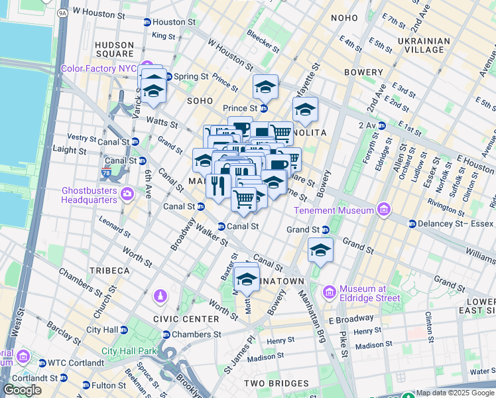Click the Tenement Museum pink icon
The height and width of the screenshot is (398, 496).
pyautogui.click(x=383, y=210)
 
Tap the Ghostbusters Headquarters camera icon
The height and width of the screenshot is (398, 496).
pyautogui.click(x=127, y=194)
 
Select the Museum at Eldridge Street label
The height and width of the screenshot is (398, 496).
pyautogui.click(x=370, y=293)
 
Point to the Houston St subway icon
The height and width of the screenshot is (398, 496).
pyautogui.click(x=147, y=22)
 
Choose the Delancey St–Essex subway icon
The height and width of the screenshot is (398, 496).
pyautogui.click(x=412, y=224)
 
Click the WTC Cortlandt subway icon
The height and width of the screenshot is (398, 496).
pyautogui.click(x=42, y=363)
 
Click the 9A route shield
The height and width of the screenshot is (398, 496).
pyautogui.click(x=63, y=13)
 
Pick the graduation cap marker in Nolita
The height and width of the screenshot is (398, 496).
pyautogui.click(x=305, y=111)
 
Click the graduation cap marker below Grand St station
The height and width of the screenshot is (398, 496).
pyautogui.click(x=320, y=251)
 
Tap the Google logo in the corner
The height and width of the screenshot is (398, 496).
pyautogui.click(x=22, y=390)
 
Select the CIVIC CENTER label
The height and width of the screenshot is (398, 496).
pyautogui.click(x=186, y=319)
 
